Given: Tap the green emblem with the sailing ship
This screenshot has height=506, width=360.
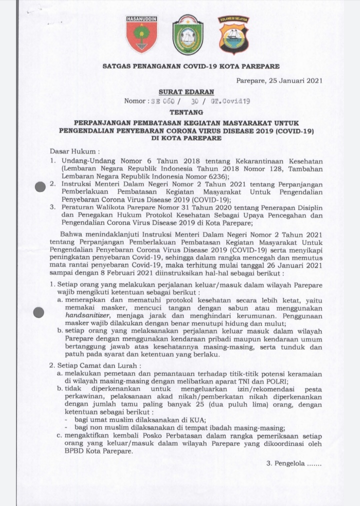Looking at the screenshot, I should click(187, 34).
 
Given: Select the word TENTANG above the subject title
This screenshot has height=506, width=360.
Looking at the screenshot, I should click(183, 112).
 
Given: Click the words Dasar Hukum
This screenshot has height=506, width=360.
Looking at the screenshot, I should click(71, 150).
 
